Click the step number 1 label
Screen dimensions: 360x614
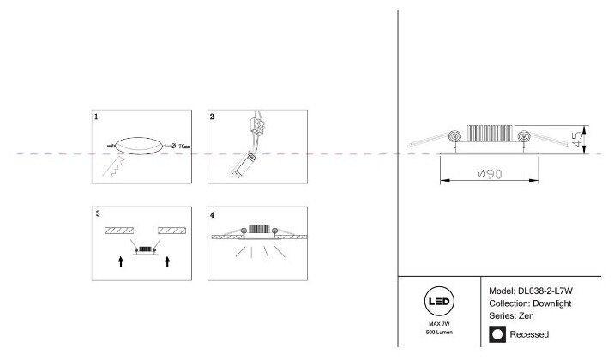tap(97, 115)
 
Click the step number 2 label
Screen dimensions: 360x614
tap(213, 115)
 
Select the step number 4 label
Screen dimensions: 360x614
tap(213, 212)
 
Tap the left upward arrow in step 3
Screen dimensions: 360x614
tap(121, 261)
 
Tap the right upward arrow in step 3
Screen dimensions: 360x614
tap(168, 261)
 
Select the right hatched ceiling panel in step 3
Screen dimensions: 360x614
tap(172, 231)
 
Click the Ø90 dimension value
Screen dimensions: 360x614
tap(487, 175)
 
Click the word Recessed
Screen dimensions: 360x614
tap(528, 334)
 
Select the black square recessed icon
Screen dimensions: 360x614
tap(496, 334)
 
